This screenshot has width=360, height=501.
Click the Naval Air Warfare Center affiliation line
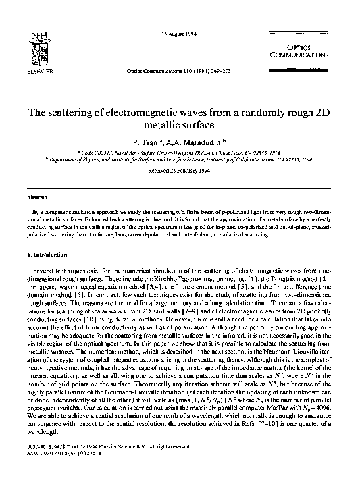[179, 154]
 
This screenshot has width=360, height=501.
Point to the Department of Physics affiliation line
[179, 161]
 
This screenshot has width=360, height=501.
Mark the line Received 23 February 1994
[179, 172]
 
